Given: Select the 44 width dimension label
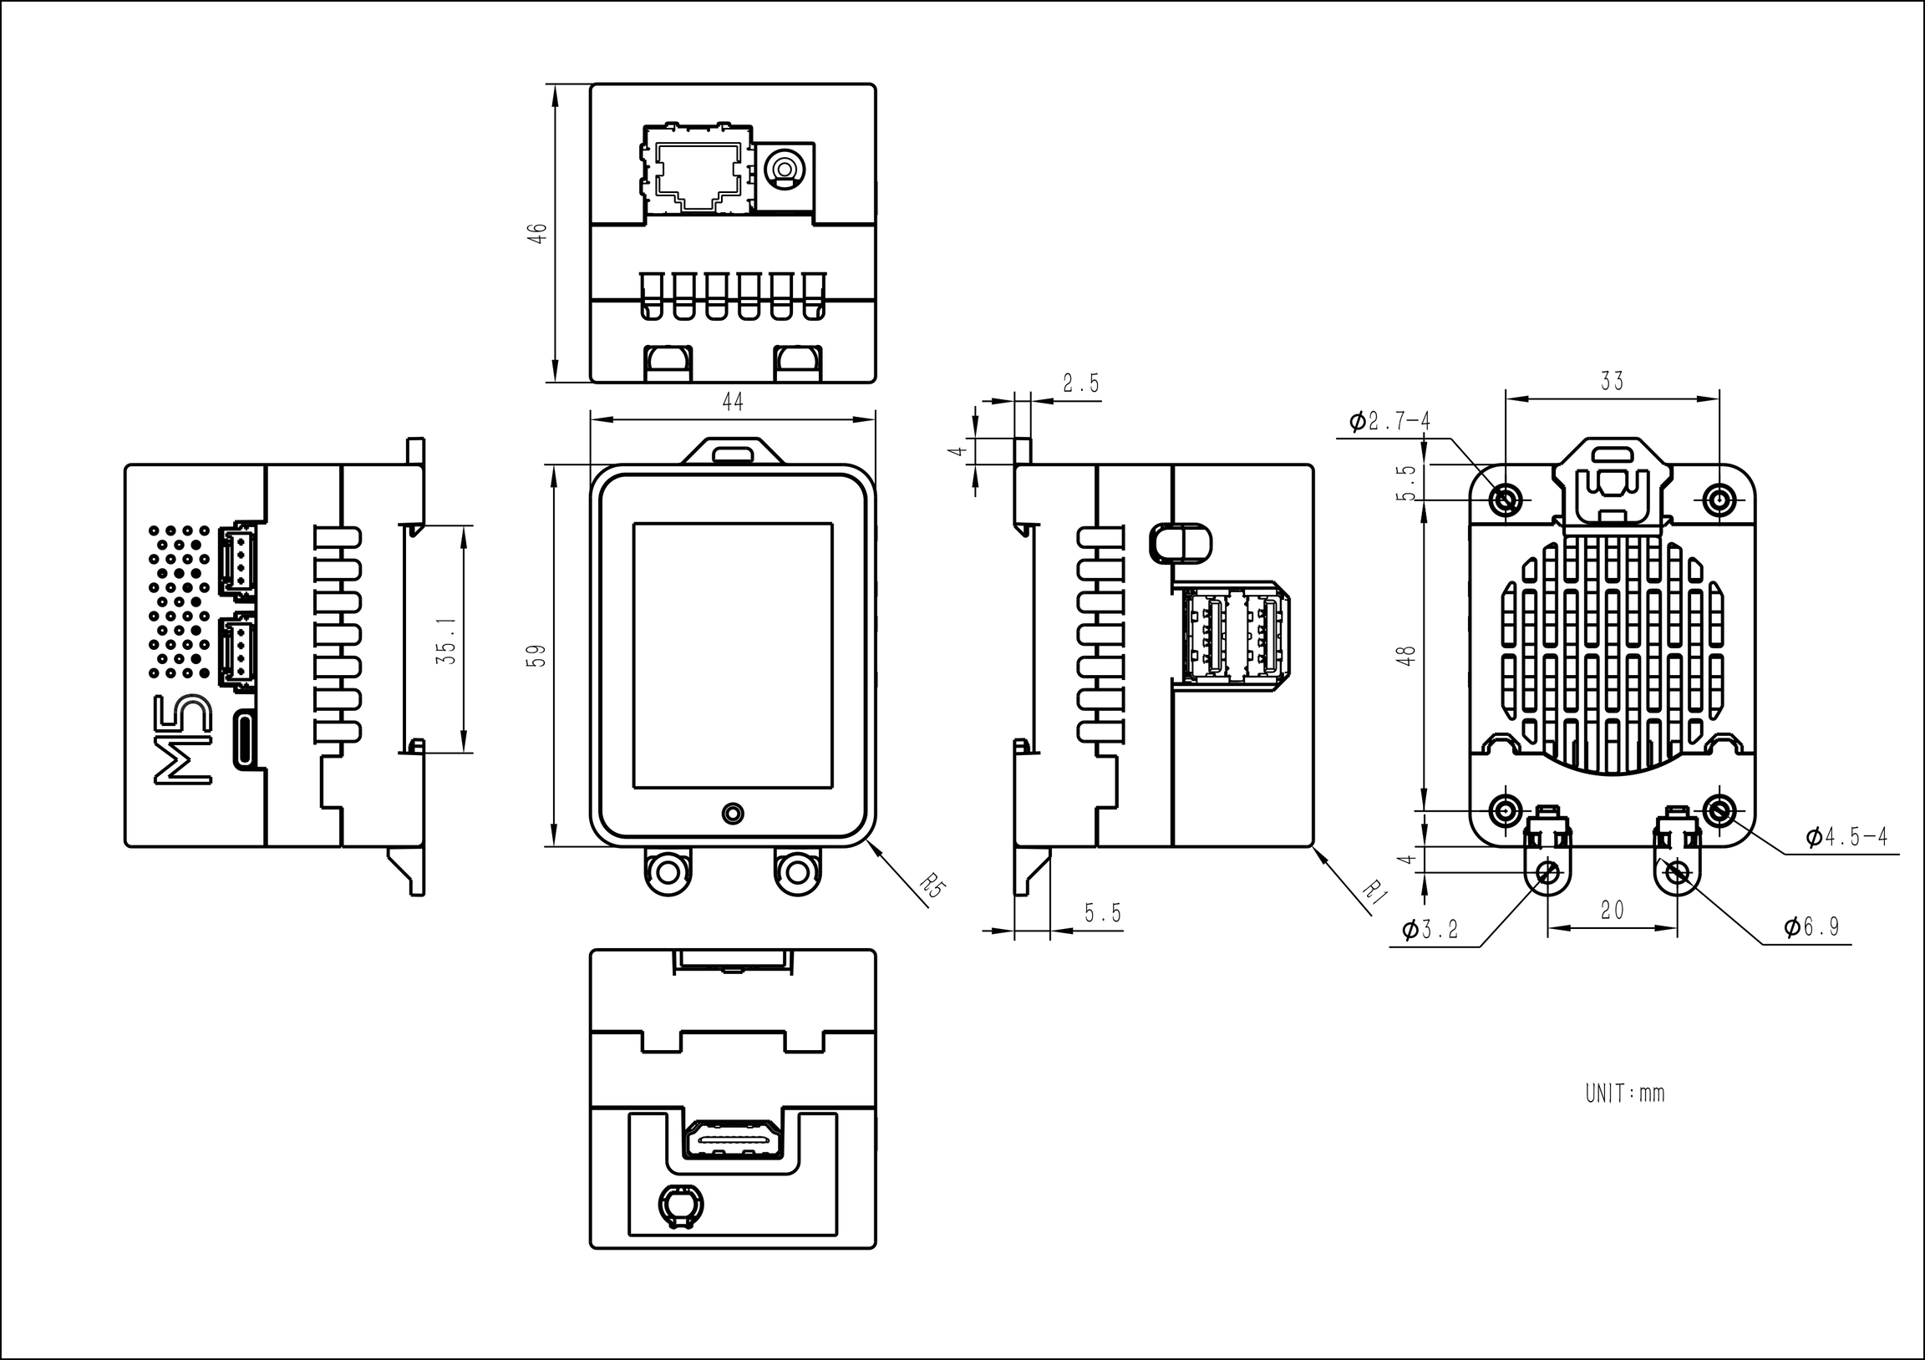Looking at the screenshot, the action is (x=733, y=403).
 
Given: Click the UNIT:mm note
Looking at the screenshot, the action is (x=1624, y=1094).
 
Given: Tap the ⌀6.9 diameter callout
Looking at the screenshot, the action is (x=1811, y=926).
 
